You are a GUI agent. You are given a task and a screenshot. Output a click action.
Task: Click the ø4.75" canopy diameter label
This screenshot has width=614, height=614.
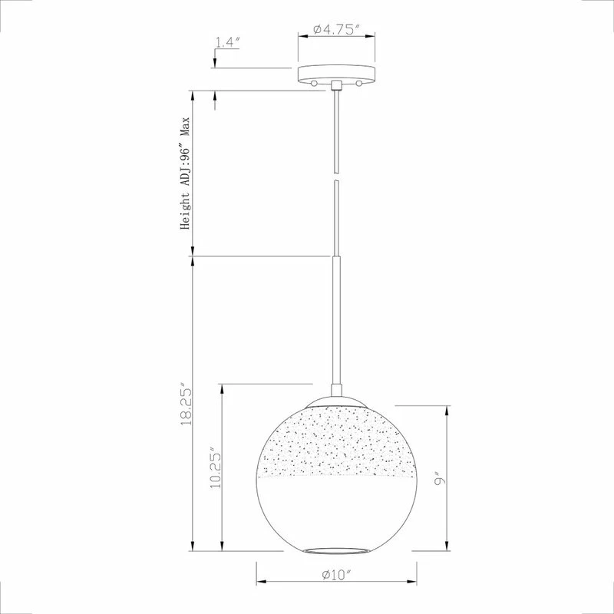(x=336, y=29)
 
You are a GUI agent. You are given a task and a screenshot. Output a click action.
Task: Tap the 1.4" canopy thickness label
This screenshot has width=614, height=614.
(x=227, y=42)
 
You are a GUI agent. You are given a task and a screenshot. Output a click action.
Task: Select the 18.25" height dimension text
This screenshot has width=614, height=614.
(x=186, y=407)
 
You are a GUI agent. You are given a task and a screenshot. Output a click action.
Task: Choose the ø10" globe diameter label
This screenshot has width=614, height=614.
(x=336, y=574)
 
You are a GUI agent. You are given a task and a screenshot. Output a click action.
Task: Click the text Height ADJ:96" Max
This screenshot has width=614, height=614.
(x=185, y=173)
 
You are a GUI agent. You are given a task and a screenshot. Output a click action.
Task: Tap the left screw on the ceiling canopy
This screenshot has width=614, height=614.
(x=314, y=83)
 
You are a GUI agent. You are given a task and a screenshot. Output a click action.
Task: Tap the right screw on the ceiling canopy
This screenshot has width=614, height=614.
(x=358, y=83)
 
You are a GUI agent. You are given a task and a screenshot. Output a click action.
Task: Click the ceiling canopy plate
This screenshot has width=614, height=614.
(x=336, y=74)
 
